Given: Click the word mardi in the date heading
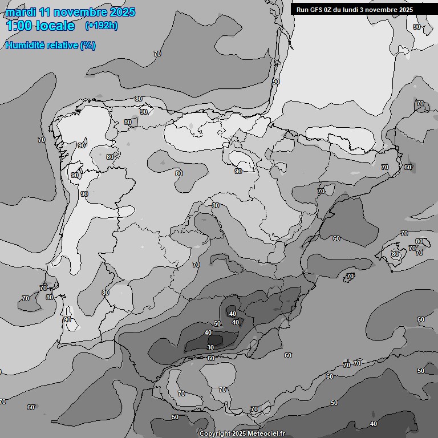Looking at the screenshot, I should pyautogui.click(x=21, y=12).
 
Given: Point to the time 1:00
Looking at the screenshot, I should pyautogui.click(x=18, y=26).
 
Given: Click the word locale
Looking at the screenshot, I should pyautogui.click(x=55, y=26).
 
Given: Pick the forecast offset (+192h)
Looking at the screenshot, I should pyautogui.click(x=102, y=26).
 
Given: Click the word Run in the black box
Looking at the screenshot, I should pyautogui.click(x=302, y=10).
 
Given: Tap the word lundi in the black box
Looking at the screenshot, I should pyautogui.click(x=355, y=10).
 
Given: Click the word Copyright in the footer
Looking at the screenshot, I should pyautogui.click(x=214, y=434).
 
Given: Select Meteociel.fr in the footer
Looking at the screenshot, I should pyautogui.click(x=266, y=434).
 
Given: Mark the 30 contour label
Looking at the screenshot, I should pyautogui.click(x=210, y=347).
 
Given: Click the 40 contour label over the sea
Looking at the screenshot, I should pyautogui.click(x=374, y=424).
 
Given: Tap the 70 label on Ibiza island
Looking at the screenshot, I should pyautogui.click(x=350, y=277).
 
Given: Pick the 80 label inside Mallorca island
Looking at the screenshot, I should pyautogui.click(x=395, y=254).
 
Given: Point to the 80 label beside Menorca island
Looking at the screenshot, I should pyautogui.click(x=419, y=242).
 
